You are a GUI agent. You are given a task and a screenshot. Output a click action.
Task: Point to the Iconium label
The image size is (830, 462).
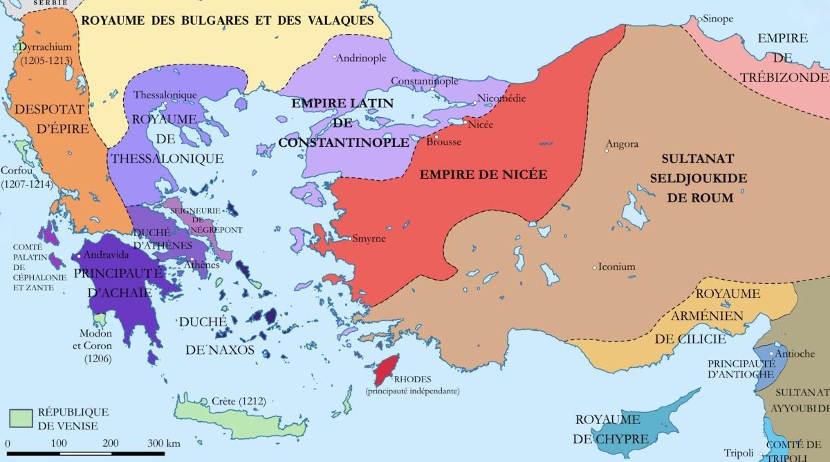tap(617, 267)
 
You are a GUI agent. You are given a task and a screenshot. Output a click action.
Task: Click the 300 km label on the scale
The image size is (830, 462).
tap(165, 443)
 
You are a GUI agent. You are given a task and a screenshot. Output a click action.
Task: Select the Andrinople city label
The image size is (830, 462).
tap(361, 58)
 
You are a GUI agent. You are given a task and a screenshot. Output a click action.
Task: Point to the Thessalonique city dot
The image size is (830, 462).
tap(164, 105)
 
